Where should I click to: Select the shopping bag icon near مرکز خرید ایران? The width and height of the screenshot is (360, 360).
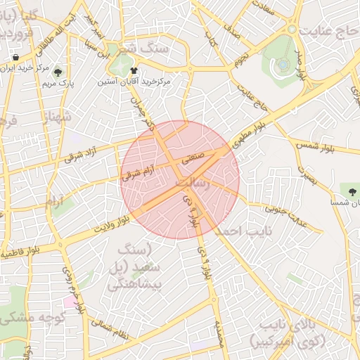click(x=15, y=57)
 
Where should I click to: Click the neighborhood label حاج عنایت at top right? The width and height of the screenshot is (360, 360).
click(x=328, y=32)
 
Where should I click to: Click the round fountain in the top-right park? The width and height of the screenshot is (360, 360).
click(x=283, y=65)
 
